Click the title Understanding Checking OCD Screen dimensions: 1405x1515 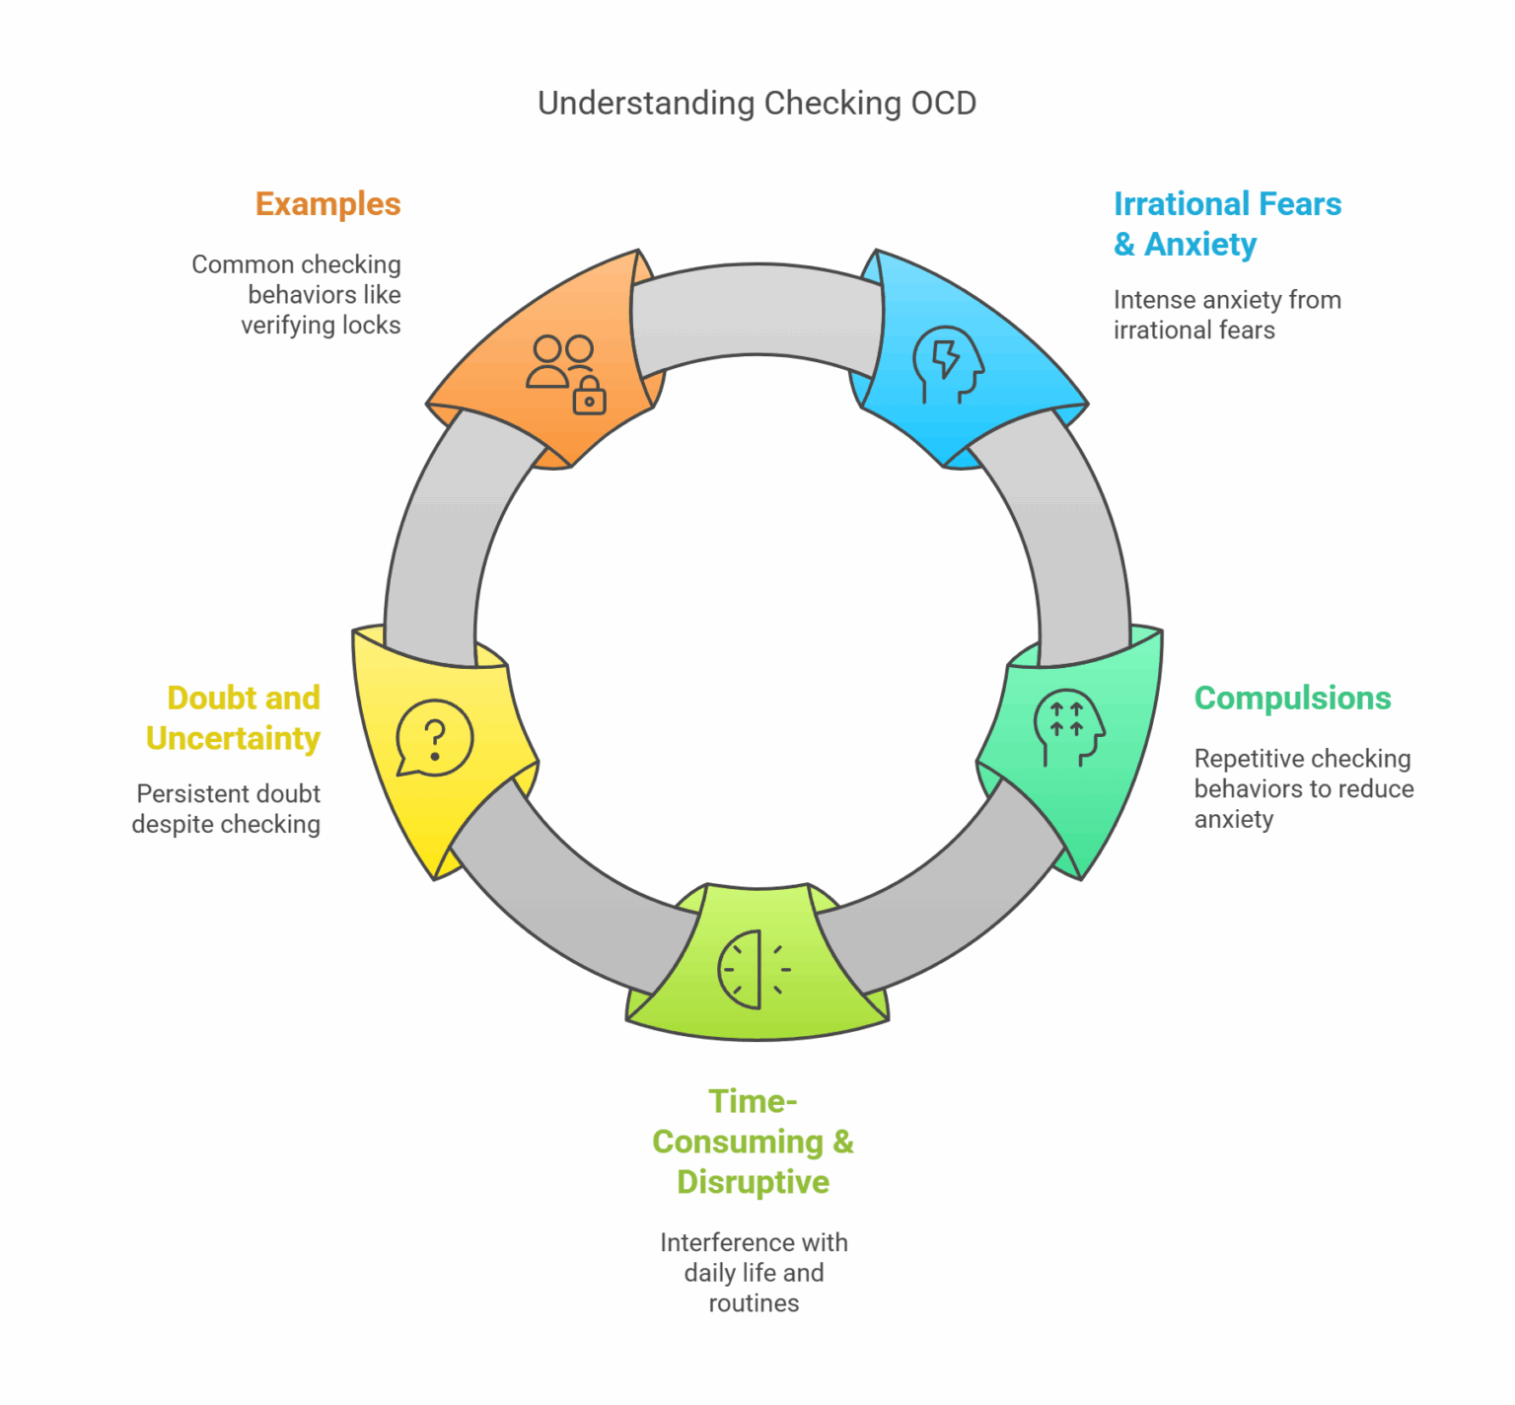click(x=757, y=104)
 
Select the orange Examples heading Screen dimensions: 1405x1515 click(x=327, y=204)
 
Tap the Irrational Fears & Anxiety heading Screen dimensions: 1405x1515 click(x=1227, y=224)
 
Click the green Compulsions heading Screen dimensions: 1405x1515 click(x=1292, y=699)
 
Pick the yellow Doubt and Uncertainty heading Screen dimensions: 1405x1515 click(x=235, y=718)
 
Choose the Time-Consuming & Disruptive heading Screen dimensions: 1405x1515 click(x=753, y=1142)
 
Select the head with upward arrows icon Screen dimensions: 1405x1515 click(x=1068, y=727)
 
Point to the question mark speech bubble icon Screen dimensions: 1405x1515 click(x=434, y=738)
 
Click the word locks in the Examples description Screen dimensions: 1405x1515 click(x=369, y=326)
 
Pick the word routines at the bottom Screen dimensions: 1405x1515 click(x=754, y=1303)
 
